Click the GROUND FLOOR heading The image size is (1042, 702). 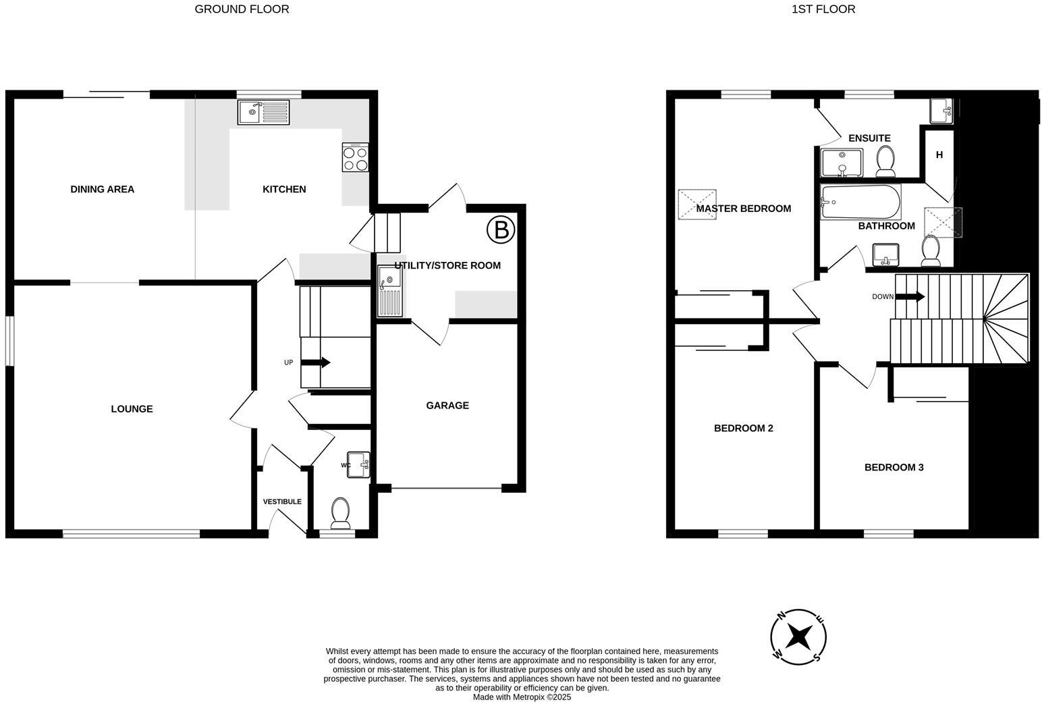click(242, 9)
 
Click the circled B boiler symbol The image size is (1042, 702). click(501, 230)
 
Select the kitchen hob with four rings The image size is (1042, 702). click(356, 157)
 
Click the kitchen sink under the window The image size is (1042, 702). click(263, 112)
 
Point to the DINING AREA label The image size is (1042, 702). click(103, 189)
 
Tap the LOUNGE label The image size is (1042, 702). click(132, 408)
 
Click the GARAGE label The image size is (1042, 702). click(447, 405)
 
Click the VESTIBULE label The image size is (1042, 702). click(282, 502)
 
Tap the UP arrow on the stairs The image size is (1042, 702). click(316, 362)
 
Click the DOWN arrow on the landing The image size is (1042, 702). click(910, 297)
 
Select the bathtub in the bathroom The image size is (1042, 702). click(860, 202)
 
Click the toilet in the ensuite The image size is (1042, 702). click(885, 161)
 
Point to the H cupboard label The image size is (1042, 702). click(939, 155)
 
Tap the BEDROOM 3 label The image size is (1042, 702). click(894, 467)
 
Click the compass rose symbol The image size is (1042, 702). click(799, 636)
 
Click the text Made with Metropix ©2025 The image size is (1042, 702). click(522, 697)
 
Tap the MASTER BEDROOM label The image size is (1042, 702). click(743, 209)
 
